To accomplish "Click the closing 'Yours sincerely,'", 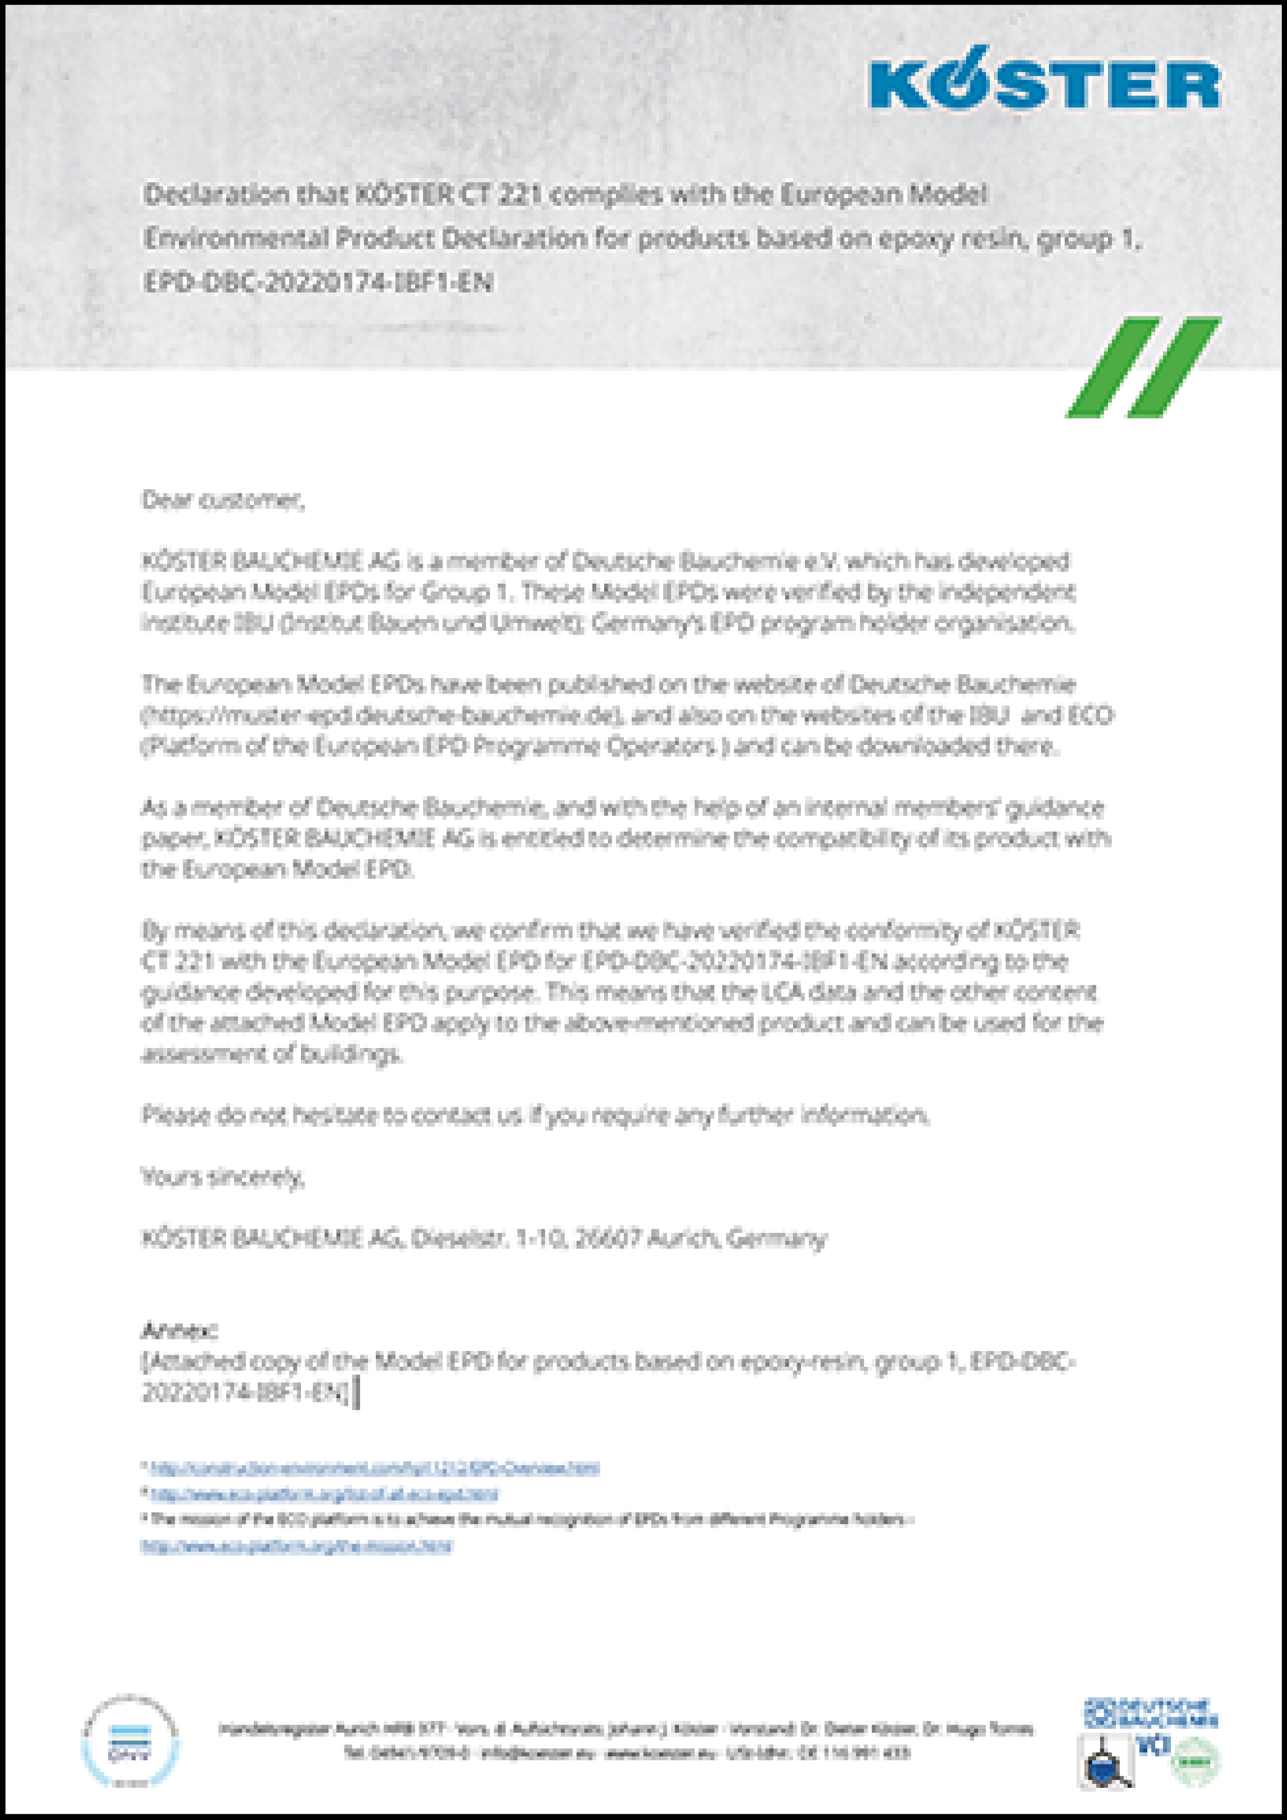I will click(x=223, y=1178).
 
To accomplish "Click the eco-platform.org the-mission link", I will click(x=296, y=1547).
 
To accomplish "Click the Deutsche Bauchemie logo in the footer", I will click(x=1150, y=1714).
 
